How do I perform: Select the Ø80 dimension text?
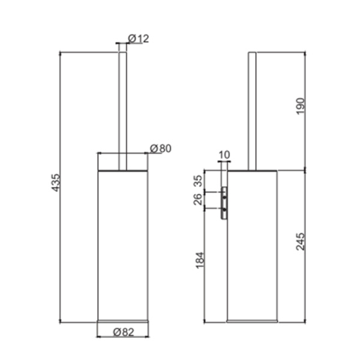click(161, 148)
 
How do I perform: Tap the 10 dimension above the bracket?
click(224, 155)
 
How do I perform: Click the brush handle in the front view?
click(122, 102)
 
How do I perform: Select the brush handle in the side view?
click(253, 108)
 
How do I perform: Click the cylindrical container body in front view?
click(122, 246)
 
